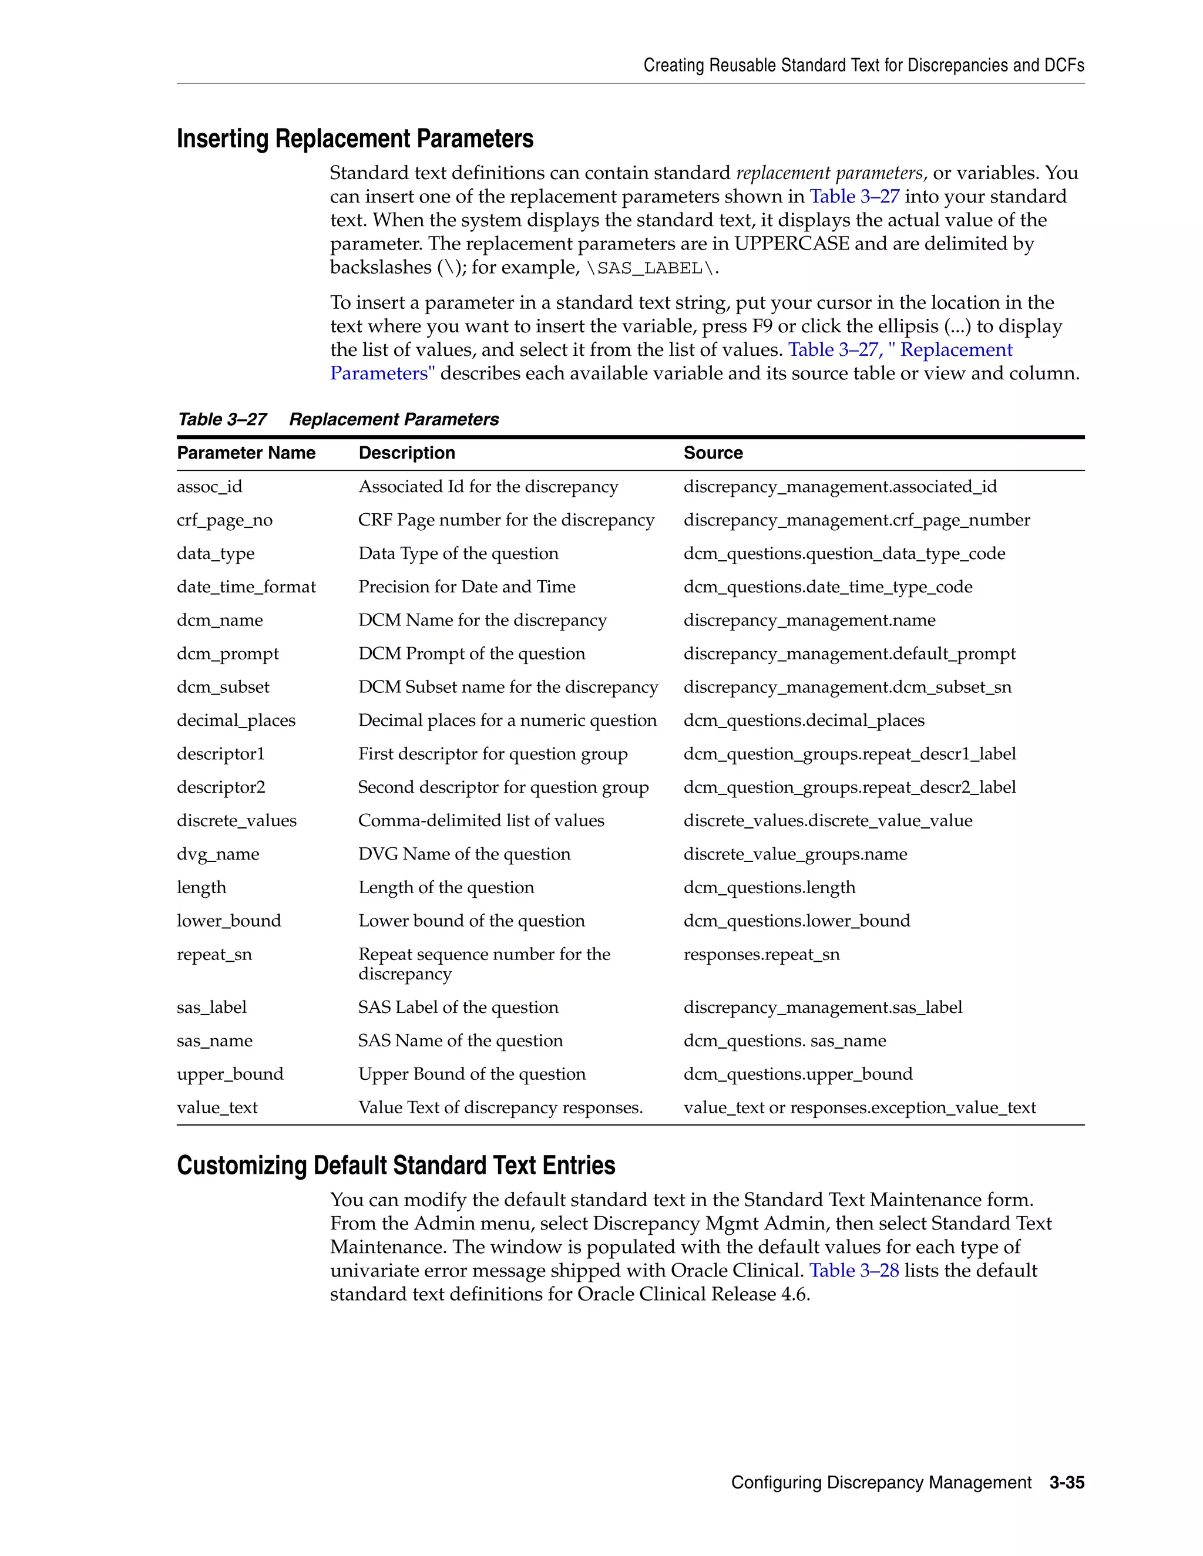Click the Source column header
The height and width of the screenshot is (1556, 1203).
tap(713, 453)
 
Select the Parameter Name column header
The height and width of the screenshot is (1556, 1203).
tap(246, 453)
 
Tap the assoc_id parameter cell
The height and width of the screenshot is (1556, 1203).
tap(210, 487)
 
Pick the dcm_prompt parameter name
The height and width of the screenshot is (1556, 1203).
tap(227, 654)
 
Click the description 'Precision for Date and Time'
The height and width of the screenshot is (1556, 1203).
tap(467, 587)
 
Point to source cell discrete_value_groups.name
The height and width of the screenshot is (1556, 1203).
tap(795, 854)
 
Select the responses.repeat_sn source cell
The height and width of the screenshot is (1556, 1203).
tap(761, 955)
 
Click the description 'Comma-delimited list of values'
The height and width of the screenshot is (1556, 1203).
tap(481, 821)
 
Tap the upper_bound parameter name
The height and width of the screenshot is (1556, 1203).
tap(230, 1075)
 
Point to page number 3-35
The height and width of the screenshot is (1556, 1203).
tap(1066, 1483)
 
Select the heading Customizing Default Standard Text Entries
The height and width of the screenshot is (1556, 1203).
tap(395, 1166)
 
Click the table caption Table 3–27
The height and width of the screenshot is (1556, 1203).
tap(221, 420)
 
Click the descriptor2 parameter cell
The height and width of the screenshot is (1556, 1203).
tap(221, 787)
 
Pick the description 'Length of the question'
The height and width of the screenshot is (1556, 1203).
tap(446, 888)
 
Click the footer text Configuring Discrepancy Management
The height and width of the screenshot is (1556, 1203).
tap(881, 1483)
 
